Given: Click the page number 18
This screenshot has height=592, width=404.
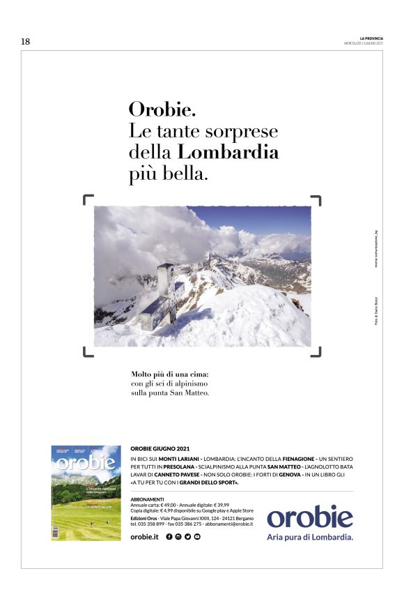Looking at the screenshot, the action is click(25, 42).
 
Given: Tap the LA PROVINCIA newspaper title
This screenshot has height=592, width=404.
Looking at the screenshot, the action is click(371, 38).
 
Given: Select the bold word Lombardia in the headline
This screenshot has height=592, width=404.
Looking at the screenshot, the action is click(228, 152).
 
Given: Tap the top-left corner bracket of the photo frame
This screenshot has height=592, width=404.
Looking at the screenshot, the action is click(88, 200).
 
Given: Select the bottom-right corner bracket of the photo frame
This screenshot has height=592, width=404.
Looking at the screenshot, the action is click(316, 352).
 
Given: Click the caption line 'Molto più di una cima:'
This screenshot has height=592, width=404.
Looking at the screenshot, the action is click(170, 374).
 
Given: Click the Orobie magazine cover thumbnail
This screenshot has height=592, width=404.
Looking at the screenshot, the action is click(85, 493).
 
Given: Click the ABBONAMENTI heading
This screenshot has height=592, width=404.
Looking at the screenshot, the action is click(147, 499).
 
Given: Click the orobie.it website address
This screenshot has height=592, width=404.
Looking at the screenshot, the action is click(145, 536).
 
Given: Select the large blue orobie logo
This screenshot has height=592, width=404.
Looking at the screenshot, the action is click(310, 517).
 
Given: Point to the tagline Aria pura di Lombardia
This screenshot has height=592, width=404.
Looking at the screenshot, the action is click(310, 537).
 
